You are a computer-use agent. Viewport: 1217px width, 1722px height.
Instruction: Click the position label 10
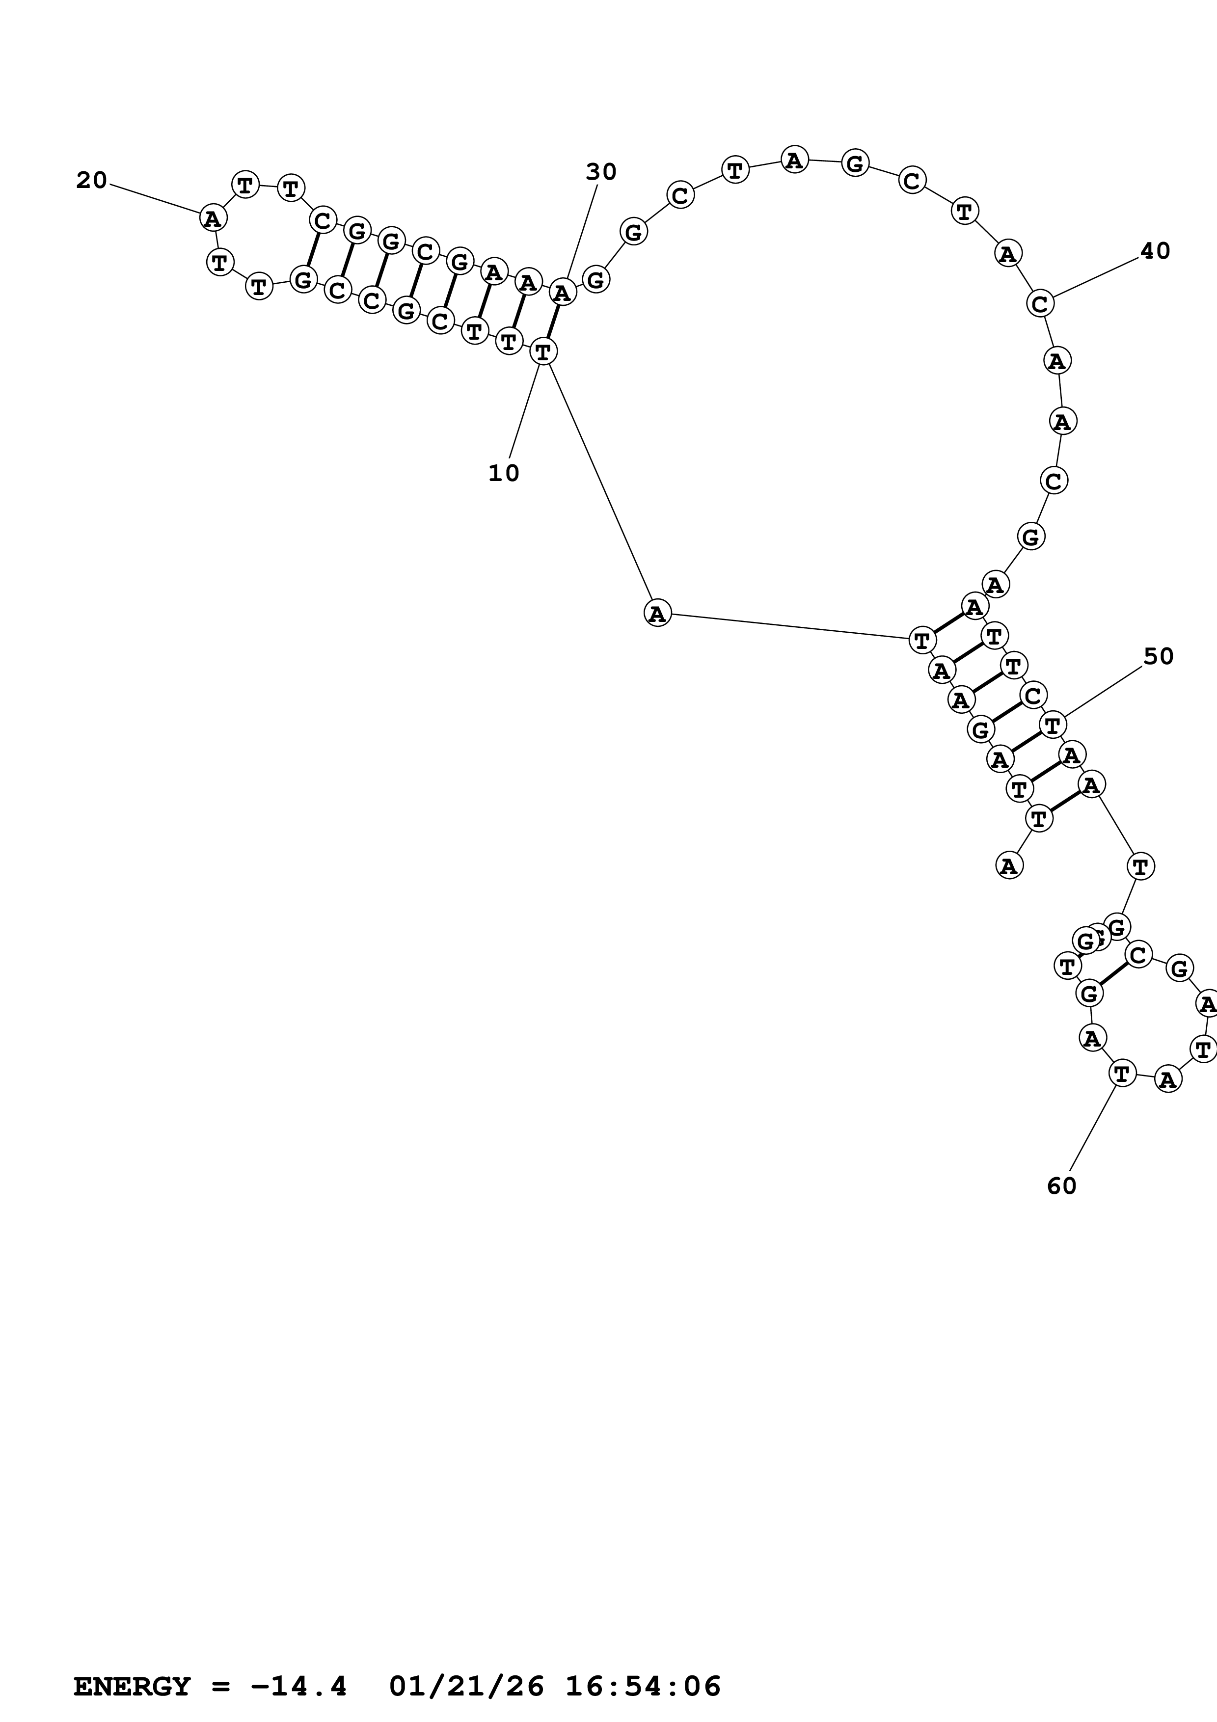[x=503, y=473]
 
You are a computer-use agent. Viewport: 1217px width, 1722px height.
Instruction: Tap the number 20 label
[x=91, y=180]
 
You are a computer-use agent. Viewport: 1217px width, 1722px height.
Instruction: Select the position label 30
[x=600, y=172]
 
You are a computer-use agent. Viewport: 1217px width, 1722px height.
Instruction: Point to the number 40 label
[x=1155, y=251]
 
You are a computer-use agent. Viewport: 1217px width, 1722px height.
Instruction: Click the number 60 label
[x=1061, y=1186]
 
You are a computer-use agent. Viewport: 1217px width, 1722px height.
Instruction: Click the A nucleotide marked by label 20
[x=214, y=219]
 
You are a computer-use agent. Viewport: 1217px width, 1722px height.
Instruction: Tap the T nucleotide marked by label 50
[x=1053, y=725]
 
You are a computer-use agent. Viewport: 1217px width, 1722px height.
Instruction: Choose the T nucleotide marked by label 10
[x=543, y=350]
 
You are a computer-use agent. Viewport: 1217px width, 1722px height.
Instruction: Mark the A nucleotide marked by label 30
[x=563, y=292]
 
